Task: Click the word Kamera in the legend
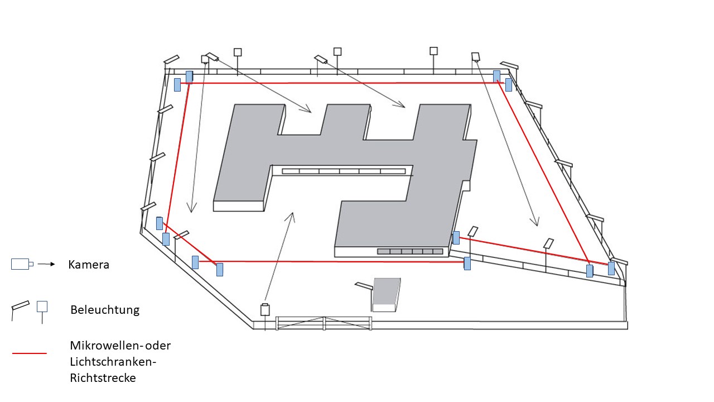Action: click(89, 265)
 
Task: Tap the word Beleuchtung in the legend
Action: click(105, 309)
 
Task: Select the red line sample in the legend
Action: click(29, 353)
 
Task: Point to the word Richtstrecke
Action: click(103, 377)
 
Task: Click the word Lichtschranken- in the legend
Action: click(112, 361)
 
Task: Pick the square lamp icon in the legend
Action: click(42, 307)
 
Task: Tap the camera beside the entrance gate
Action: click(265, 309)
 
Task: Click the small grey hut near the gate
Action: click(387, 294)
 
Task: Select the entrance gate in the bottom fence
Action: click(324, 323)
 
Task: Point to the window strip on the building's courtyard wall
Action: click(344, 171)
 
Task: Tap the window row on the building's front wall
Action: click(410, 251)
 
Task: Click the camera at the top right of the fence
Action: click(475, 56)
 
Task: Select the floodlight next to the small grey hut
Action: click(364, 286)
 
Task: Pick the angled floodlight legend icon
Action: click(21, 307)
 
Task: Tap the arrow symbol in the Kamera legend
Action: click(47, 264)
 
